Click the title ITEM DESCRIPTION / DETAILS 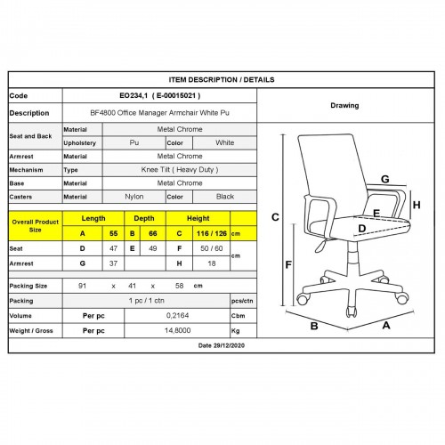pos(222,80)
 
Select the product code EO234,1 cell pos(160,95)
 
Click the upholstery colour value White pos(225,142)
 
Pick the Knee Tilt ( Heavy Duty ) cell pos(180,170)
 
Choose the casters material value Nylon pos(134,197)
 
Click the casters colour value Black pos(225,197)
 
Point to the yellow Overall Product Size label pos(36,226)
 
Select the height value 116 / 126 pos(212,233)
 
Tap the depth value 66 pos(153,233)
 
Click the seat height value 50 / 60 pos(212,248)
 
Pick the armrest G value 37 pos(113,263)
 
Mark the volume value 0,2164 pos(177,315)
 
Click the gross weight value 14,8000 pos(177,330)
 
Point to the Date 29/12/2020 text pos(222,345)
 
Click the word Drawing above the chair pos(344,105)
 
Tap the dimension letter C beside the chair pos(275,217)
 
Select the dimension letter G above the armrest pos(385,179)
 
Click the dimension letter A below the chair pos(386,326)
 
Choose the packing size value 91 pos(82,286)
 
